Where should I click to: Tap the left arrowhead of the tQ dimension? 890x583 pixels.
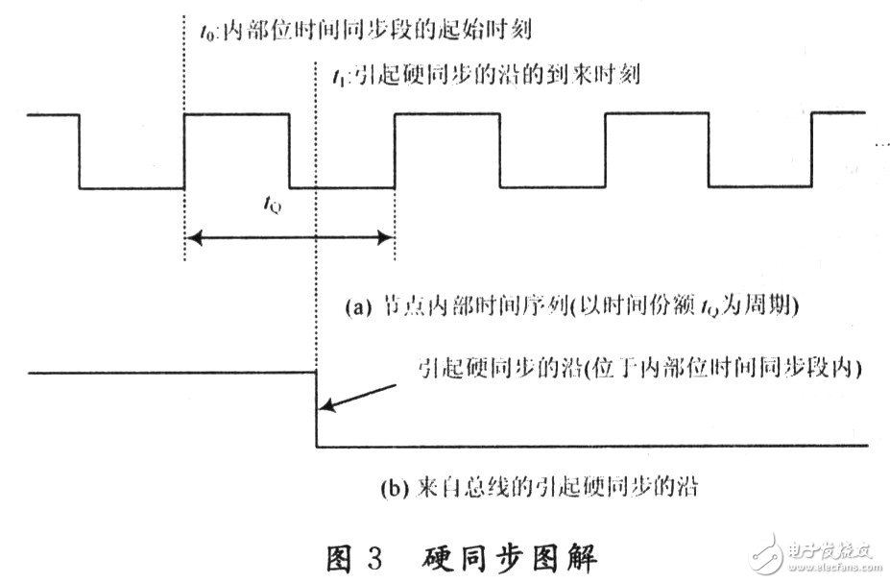[x=192, y=236]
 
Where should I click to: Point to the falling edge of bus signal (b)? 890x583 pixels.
[x=316, y=409]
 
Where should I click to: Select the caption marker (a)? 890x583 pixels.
[x=355, y=307]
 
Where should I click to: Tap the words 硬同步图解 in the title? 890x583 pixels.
[x=508, y=555]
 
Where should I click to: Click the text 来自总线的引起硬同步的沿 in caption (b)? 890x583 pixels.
[x=552, y=486]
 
